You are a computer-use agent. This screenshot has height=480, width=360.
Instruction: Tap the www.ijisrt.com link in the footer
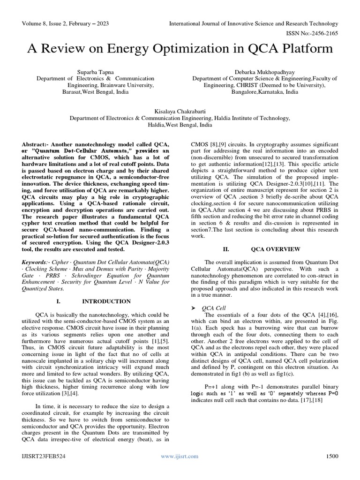coord(180,456)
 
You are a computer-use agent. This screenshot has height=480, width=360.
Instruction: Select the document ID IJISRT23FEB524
coord(43,456)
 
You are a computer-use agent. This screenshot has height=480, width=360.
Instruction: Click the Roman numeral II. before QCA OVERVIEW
coord(225,249)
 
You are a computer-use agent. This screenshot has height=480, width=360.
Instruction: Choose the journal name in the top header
coord(253,23)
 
